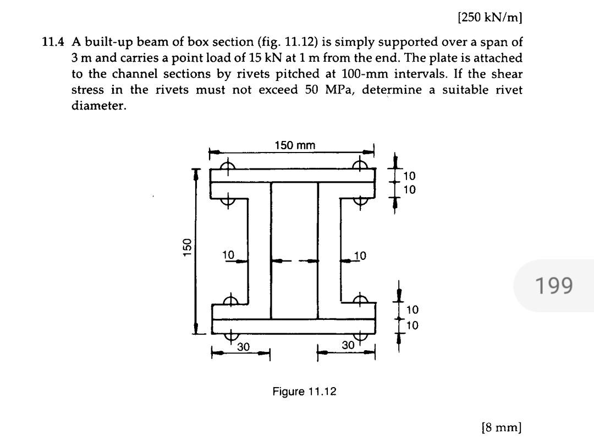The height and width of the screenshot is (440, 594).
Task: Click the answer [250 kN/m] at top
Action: pos(490,17)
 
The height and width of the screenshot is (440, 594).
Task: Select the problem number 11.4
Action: pos(55,42)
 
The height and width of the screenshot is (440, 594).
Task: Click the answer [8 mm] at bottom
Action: pos(501,427)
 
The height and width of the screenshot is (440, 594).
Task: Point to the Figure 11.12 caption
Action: pos(304,392)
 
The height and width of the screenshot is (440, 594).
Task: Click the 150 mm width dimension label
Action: pos(295,145)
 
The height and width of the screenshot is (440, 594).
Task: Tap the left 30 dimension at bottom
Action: pos(243,347)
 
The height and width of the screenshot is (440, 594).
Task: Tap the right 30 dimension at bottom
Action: pos(348,345)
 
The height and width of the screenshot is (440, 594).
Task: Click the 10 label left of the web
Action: pos(228,255)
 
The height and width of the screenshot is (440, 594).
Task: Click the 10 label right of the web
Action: pos(360,256)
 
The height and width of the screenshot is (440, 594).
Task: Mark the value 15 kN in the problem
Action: pos(254,58)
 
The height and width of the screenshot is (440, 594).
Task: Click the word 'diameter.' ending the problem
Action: pos(99,106)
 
